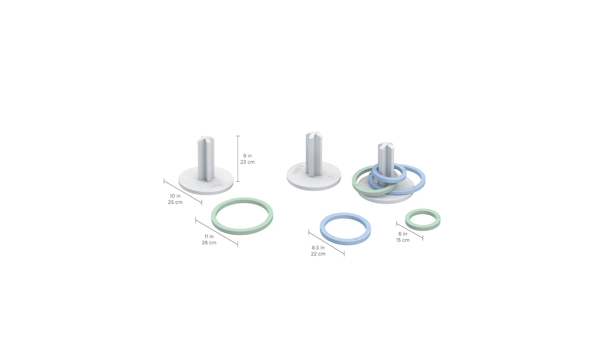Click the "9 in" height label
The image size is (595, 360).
point(247,156)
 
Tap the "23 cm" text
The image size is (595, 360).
point(247,162)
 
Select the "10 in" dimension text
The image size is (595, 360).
point(175,196)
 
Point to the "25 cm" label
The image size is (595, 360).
point(175,202)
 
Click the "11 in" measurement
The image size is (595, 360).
point(209,236)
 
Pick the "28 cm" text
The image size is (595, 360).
point(209,243)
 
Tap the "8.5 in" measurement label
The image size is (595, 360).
point(318,248)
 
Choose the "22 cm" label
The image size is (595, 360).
point(318,254)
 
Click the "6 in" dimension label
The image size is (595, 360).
point(403,234)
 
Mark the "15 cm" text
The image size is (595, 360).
point(403,240)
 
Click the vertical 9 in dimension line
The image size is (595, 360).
point(238,159)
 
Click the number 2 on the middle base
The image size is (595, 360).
point(331,177)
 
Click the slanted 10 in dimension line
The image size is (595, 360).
point(183,192)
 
